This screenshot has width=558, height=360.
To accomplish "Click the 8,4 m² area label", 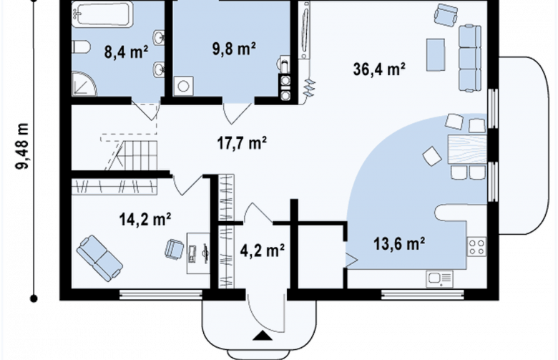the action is tap(127, 52).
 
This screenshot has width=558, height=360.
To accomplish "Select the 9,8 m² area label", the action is tap(234, 49).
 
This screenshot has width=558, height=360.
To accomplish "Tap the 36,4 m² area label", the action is tap(379, 69).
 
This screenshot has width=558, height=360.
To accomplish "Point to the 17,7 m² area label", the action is tap(242, 142).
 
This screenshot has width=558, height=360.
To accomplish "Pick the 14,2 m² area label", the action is tap(145, 218).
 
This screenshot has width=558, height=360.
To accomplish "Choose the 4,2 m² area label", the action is tap(263, 250).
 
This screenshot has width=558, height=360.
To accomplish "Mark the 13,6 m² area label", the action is tap(399, 244).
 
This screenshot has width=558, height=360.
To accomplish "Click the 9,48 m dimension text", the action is tap(22, 146).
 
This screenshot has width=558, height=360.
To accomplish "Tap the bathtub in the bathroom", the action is tap(102, 14).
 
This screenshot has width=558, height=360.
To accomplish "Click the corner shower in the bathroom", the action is tap(84, 84).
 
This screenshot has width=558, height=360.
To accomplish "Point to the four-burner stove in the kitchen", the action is tap(476, 246).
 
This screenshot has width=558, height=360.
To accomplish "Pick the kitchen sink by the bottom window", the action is tap(439, 279).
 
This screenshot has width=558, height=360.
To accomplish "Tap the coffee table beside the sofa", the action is tap(436, 54).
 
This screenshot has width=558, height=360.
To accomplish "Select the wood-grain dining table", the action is tap(467, 149).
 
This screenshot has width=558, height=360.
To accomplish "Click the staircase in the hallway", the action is tap(132, 155).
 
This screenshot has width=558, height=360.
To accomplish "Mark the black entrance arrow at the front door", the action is tap(263, 336).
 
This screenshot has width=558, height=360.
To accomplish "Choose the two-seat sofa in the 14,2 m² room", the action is tap(99, 258).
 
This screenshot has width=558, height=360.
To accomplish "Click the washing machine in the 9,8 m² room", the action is tap(183, 86).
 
